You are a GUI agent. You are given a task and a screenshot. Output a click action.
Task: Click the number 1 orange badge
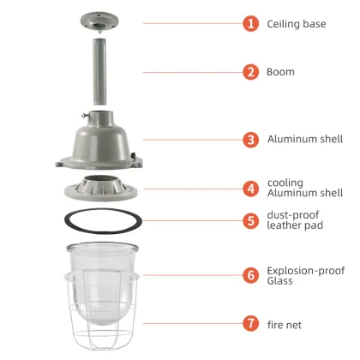[251, 23]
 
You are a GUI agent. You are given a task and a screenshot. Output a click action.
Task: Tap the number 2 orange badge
[251, 71]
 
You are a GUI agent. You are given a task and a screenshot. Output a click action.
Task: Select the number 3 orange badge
[251, 139]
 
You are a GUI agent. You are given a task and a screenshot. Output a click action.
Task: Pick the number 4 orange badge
[251, 187]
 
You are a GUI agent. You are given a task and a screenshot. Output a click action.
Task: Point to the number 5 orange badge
[251, 220]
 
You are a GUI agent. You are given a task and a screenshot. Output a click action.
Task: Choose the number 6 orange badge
[251, 274]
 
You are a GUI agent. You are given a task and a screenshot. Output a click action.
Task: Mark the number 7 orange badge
[251, 325]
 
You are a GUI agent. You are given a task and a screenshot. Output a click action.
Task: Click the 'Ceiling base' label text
[297, 24]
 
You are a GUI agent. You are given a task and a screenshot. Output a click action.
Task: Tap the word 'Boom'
[280, 72]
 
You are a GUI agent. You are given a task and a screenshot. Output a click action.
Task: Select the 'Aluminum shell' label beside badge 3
[304, 139]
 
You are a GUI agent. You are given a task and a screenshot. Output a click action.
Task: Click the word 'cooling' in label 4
[285, 182]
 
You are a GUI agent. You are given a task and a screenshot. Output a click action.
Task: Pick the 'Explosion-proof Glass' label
[305, 274]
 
